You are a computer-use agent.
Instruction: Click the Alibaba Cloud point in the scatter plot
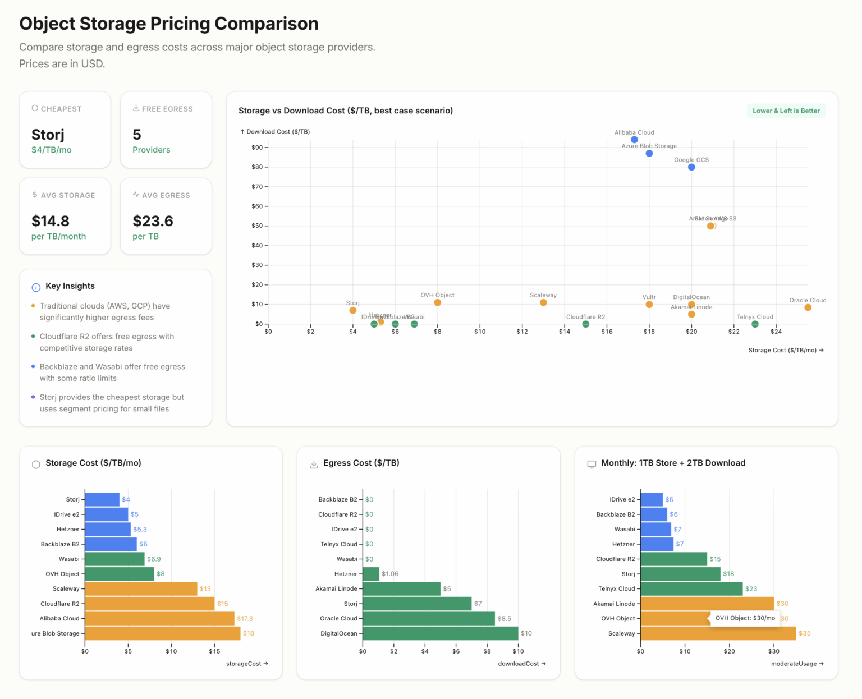click(634, 140)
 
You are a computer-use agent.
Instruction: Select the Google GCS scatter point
click(691, 167)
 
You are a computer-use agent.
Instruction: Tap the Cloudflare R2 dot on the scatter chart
click(585, 324)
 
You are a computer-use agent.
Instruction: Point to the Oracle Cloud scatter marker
click(808, 307)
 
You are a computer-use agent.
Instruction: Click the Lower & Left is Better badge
click(786, 111)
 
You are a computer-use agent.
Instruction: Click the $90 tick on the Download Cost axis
click(257, 148)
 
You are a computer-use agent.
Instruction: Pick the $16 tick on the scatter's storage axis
click(607, 332)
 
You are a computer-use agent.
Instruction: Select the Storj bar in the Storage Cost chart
click(102, 499)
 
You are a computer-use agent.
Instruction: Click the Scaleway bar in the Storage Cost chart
click(141, 588)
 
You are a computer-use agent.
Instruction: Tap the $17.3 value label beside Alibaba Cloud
click(245, 619)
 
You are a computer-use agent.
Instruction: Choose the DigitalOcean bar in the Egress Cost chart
click(440, 633)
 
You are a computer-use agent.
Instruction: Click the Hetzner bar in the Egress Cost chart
click(371, 574)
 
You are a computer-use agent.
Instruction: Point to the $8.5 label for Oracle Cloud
click(504, 619)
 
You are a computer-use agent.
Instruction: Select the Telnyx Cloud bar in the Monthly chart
click(691, 588)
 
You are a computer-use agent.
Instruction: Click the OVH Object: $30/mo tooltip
click(745, 618)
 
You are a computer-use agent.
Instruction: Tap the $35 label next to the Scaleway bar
click(805, 633)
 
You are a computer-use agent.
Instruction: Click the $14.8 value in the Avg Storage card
click(51, 221)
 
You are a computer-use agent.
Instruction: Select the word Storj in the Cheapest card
click(48, 135)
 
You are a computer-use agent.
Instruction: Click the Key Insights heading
click(70, 286)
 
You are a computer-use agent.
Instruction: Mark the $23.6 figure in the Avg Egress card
click(153, 221)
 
